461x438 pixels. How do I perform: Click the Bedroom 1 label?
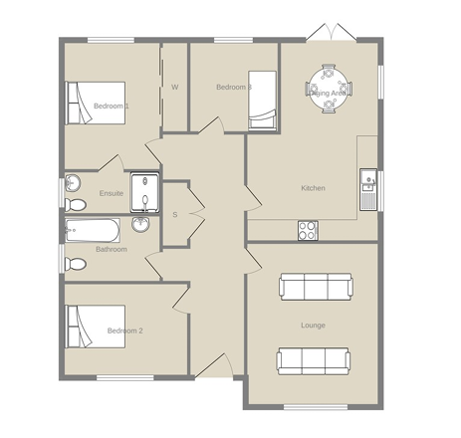pyautogui.click(x=112, y=107)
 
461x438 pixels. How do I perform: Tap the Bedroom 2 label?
pyautogui.click(x=125, y=330)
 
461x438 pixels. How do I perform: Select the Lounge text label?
pyautogui.click(x=313, y=326)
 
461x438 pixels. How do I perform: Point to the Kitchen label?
pyautogui.click(x=313, y=188)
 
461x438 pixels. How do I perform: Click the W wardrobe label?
pyautogui.click(x=175, y=88)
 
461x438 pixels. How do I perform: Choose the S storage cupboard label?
pyautogui.click(x=175, y=215)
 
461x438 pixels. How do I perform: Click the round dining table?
pyautogui.click(x=329, y=89)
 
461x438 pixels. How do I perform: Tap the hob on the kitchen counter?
pyautogui.click(x=308, y=230)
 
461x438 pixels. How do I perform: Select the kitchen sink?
pyautogui.click(x=368, y=189)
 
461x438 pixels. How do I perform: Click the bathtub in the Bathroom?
pyautogui.click(x=93, y=230)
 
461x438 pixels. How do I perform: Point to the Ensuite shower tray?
pyautogui.click(x=144, y=192)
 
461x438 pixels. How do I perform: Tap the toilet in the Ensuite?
pyautogui.click(x=76, y=205)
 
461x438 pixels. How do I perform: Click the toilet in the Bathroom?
pyautogui.click(x=76, y=264)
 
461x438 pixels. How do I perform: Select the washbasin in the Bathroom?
pyautogui.click(x=140, y=224)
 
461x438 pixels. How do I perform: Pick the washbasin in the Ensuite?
pyautogui.click(x=73, y=183)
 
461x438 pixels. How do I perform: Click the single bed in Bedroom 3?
pyautogui.click(x=263, y=101)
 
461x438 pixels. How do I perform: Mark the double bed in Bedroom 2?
pyautogui.click(x=96, y=327)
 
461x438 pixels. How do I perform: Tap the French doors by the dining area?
pyautogui.click(x=332, y=32)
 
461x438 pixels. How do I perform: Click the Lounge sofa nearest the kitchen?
pyautogui.click(x=316, y=287)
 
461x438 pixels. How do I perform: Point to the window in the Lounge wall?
pyautogui.click(x=316, y=407)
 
